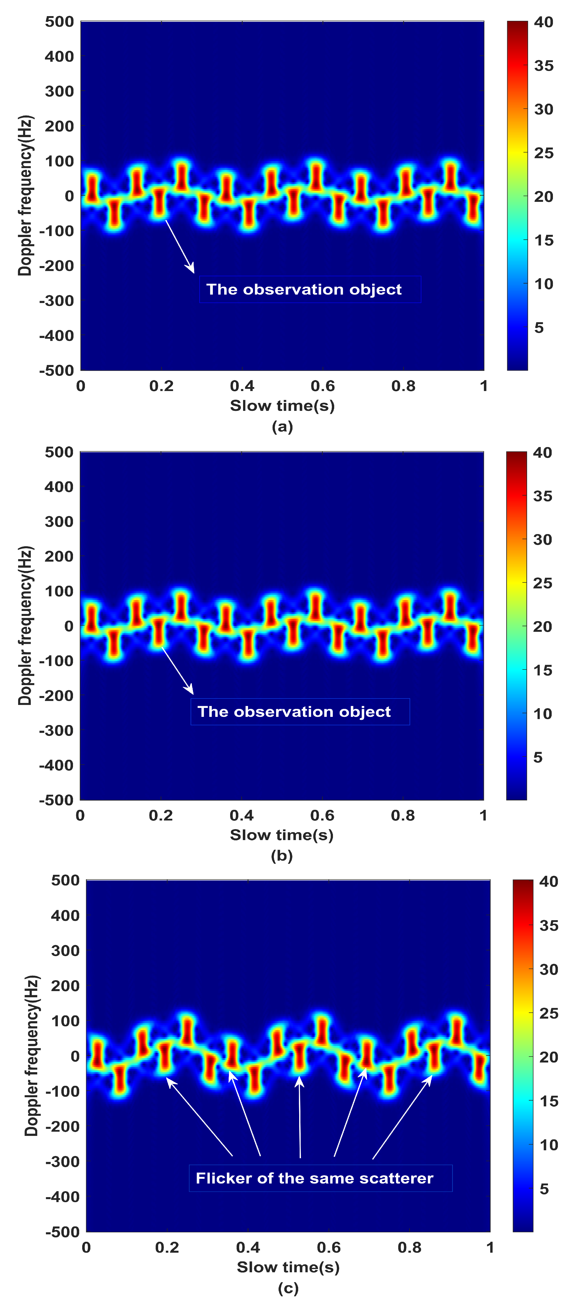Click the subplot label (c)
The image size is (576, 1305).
pyautogui.click(x=288, y=1288)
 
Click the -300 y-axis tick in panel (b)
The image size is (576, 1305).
pyautogui.click(x=56, y=730)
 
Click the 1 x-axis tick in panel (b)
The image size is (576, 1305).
pyautogui.click(x=483, y=816)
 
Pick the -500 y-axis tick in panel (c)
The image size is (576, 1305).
pyautogui.click(x=62, y=1232)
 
